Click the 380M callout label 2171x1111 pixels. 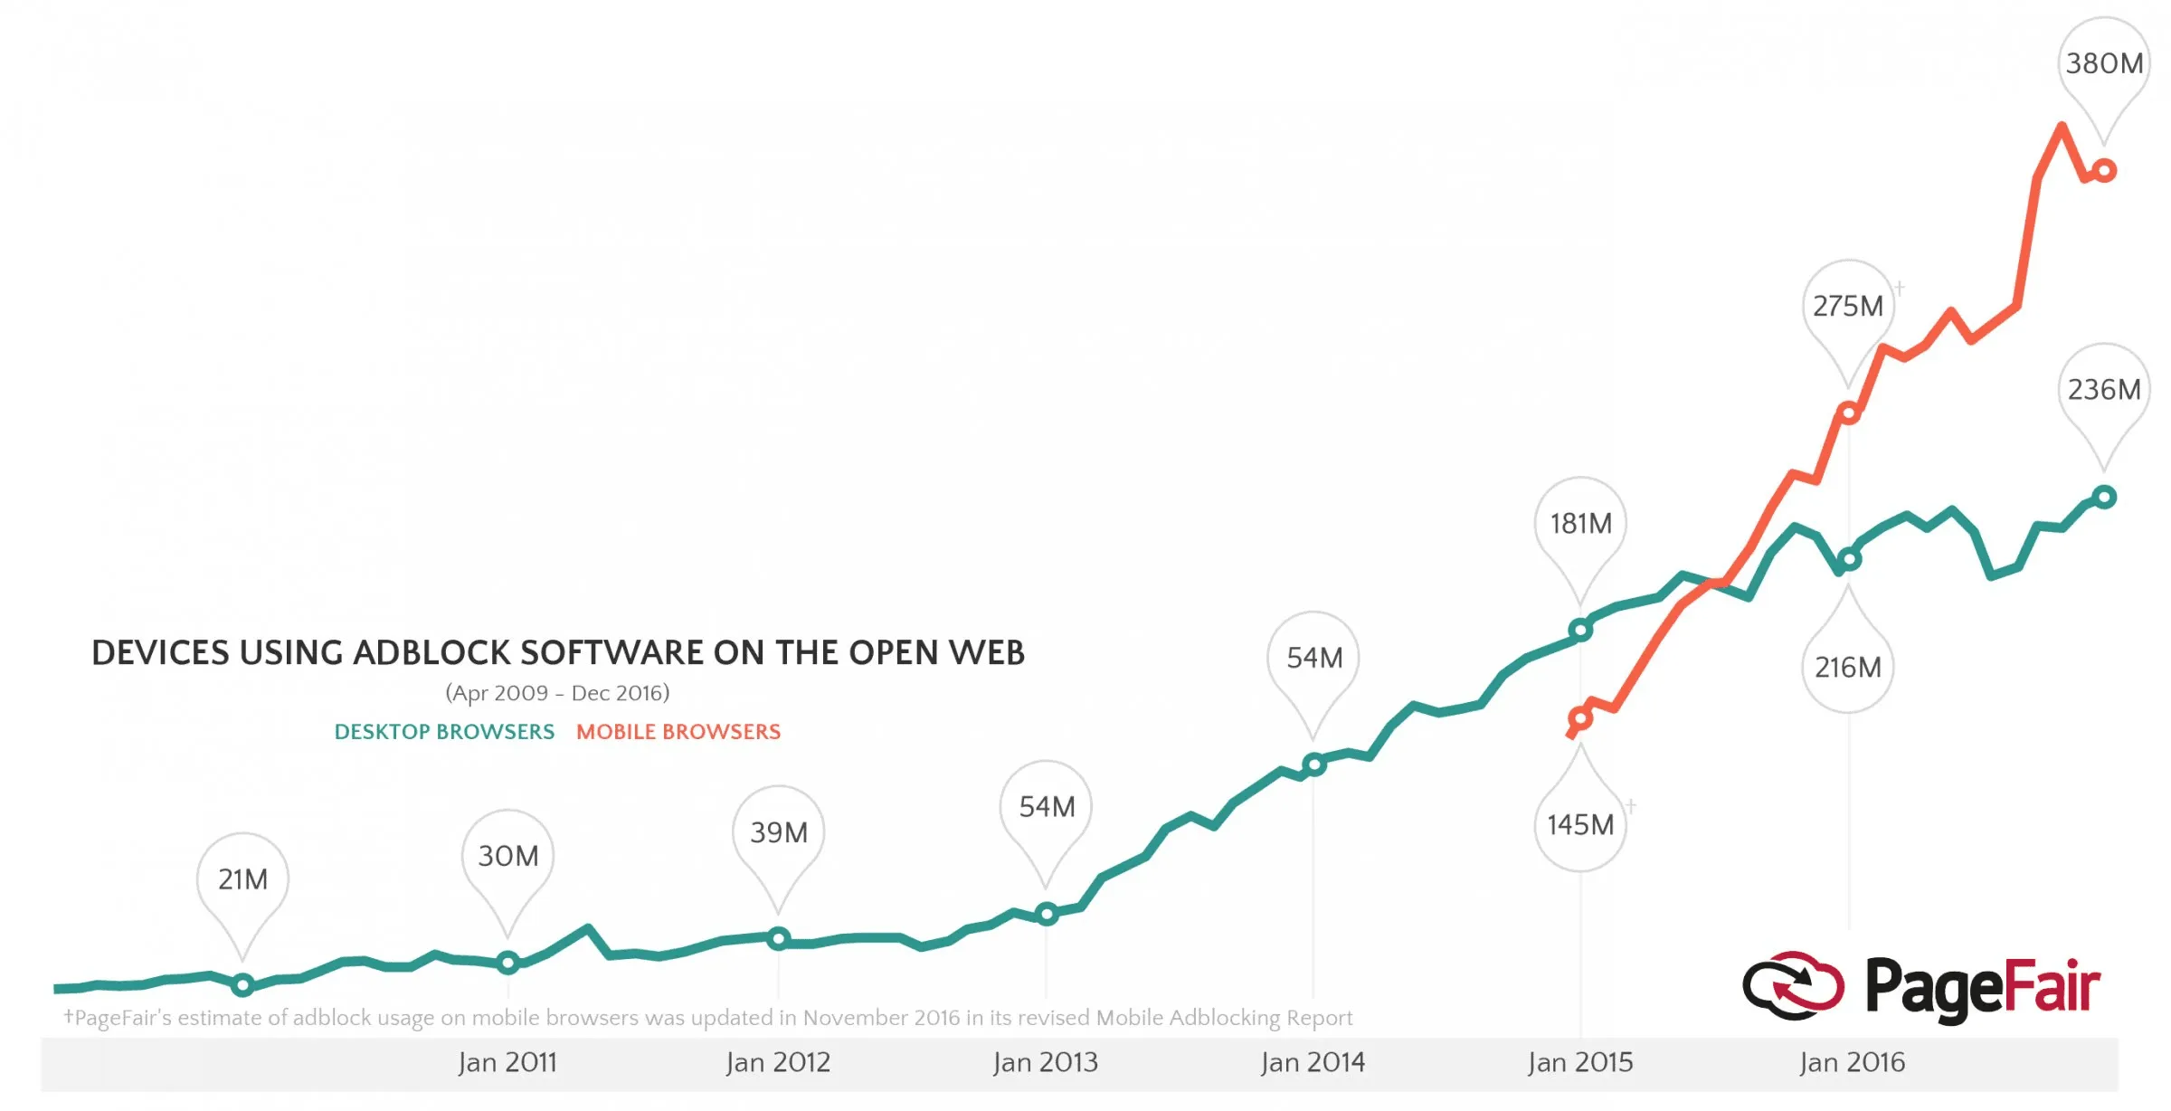pos(2103,63)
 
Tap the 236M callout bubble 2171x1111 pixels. pos(2103,390)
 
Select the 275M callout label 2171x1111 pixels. pos(1847,307)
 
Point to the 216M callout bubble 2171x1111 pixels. pos(1847,668)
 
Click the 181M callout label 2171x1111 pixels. pos(1580,524)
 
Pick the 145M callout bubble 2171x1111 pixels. pos(1580,825)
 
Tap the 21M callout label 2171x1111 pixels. pos(242,879)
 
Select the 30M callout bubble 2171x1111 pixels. pos(507,856)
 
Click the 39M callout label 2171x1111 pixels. pos(778,832)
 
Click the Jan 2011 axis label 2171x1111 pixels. pos(507,1062)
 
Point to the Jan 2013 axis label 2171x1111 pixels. pos(1045,1062)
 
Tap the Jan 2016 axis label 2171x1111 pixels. pos(1852,1062)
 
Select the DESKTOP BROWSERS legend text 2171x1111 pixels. pos(444,732)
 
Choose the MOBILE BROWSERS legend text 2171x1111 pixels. pos(678,732)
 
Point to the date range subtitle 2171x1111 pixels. pos(557,693)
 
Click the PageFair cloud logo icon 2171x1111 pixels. pos(1792,985)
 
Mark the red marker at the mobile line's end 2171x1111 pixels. pos(2104,170)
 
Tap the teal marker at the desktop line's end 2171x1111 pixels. pos(2104,497)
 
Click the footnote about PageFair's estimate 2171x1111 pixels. pos(708,1018)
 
